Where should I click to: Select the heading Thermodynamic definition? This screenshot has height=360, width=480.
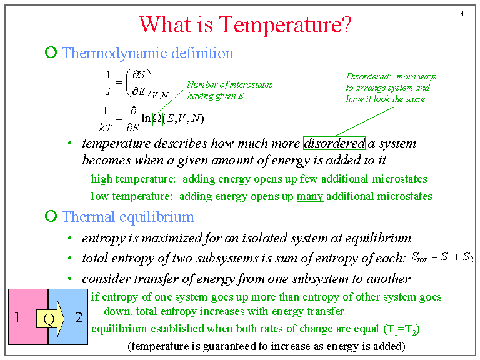click(x=147, y=53)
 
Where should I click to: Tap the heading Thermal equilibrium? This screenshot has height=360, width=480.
click(x=128, y=217)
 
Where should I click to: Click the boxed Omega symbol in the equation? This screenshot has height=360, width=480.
click(x=157, y=117)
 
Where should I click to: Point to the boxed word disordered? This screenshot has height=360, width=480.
click(x=334, y=143)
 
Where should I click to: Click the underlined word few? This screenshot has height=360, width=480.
click(x=309, y=179)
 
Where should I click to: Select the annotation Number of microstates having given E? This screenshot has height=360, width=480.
click(x=229, y=90)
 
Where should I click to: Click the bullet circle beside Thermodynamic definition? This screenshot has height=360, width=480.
click(x=51, y=53)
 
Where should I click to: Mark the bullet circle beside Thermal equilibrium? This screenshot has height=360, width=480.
click(x=51, y=217)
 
